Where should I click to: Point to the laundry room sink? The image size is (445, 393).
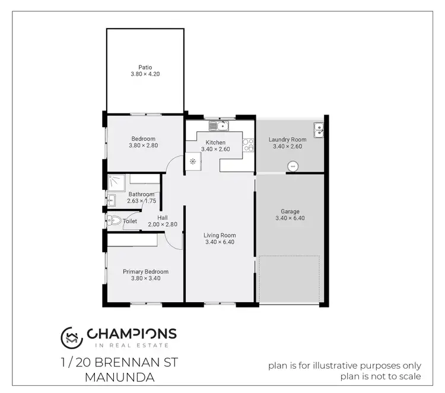coord(319,129)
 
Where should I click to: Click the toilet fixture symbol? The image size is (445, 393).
coord(115,220)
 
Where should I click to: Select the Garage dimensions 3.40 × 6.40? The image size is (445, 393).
coord(290,218)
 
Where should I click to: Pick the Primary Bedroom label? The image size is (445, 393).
coord(145,271)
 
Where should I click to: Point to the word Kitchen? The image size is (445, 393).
coord(215,142)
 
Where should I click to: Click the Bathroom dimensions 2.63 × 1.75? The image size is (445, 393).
coord(141,201)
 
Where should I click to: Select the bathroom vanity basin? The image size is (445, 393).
coord(111,199)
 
